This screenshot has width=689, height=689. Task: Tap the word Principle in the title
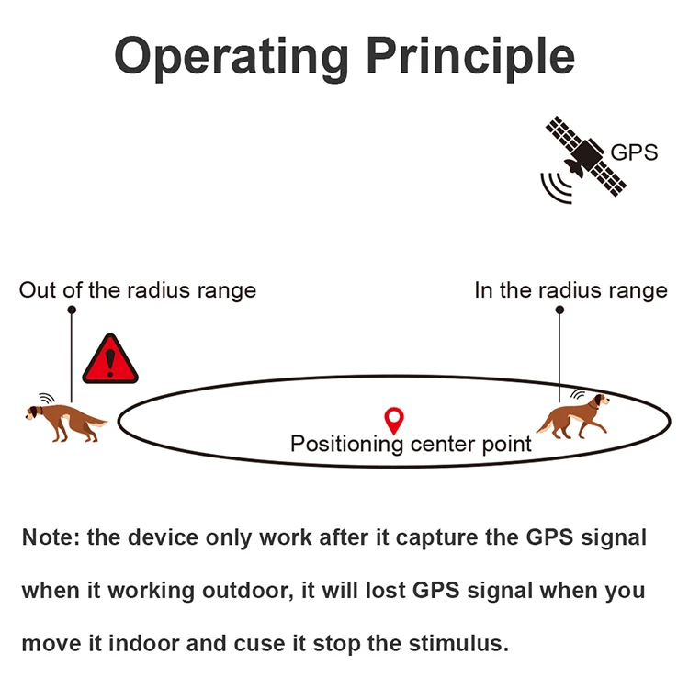(x=470, y=57)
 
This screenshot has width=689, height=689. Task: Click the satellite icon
(x=584, y=155)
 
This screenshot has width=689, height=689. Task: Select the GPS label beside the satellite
(x=634, y=152)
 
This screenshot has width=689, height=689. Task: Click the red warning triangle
(x=110, y=361)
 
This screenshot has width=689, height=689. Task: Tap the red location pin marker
(x=395, y=420)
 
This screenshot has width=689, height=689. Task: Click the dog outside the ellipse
(x=64, y=421)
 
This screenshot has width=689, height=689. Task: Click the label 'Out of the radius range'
(x=138, y=290)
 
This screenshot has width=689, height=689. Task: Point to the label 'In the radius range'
(x=570, y=290)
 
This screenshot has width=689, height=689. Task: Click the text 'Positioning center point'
(x=411, y=445)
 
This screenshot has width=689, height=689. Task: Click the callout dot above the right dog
(x=559, y=311)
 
